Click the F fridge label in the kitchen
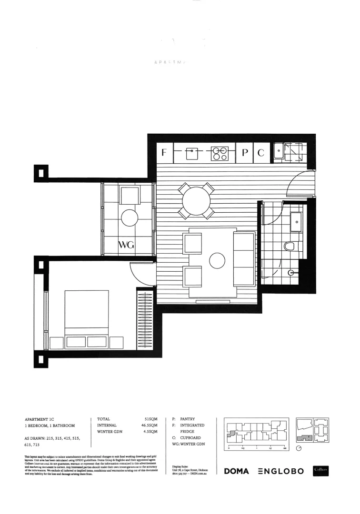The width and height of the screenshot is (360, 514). coord(164,153)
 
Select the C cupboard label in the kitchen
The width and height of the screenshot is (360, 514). coord(260,153)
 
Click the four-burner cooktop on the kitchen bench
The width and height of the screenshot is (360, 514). coord(220,153)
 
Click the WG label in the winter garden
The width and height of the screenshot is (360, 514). coord(127,246)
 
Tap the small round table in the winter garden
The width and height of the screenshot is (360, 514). coord(130,218)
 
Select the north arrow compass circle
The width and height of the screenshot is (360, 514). coord(299,448)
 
